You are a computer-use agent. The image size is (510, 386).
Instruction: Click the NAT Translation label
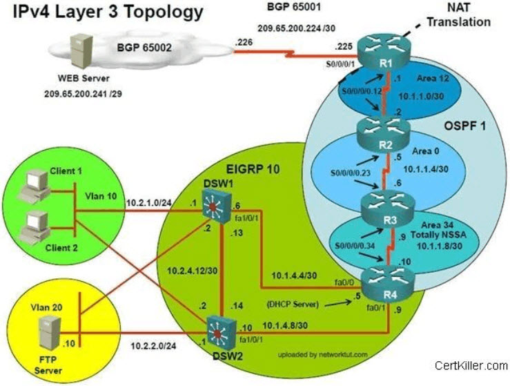[458, 15]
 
